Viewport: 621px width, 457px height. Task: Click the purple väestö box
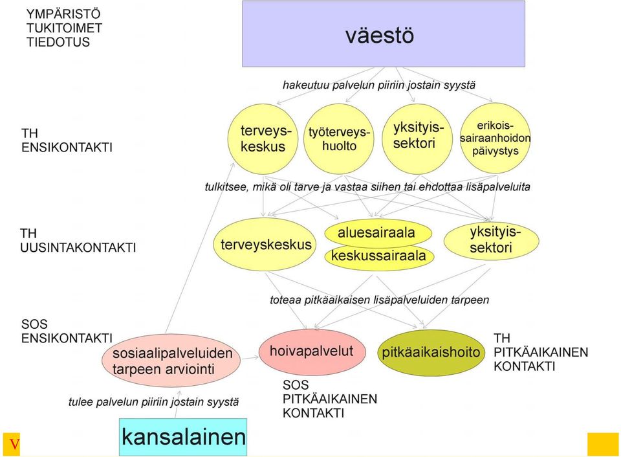coord(384,34)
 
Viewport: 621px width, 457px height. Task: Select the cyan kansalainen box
coord(183,437)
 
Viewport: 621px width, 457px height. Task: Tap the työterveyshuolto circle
coord(338,139)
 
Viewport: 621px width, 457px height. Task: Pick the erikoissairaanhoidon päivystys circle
coord(495,138)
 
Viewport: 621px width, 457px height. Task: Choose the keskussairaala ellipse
coord(379,256)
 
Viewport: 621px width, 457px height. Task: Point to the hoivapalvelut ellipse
coord(312,351)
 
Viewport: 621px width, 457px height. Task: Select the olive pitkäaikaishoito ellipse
coord(431,352)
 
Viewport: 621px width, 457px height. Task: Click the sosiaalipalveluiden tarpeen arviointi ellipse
coord(171,361)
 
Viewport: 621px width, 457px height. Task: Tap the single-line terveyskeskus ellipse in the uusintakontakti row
coord(265,244)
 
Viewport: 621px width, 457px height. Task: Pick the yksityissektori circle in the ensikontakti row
coord(417,139)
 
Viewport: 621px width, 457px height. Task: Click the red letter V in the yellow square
coord(14,444)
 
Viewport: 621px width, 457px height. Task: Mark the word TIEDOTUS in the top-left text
coord(58,42)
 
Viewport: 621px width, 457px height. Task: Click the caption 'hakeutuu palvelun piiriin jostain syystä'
coord(379,85)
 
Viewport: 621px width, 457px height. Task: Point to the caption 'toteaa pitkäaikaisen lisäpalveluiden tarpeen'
coord(380,300)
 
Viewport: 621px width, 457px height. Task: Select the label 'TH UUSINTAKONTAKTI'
coord(78,240)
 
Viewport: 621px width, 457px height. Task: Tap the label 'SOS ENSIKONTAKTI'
coord(67,331)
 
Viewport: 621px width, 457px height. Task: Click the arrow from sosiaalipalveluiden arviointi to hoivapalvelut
coord(250,358)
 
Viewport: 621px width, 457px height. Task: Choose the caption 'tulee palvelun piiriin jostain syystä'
coord(154,402)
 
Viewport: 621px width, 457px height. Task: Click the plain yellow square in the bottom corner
coord(603,444)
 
